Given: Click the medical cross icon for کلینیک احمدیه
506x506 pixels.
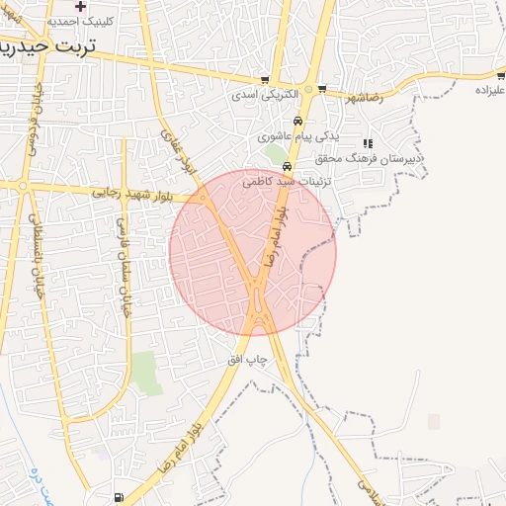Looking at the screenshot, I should pos(81,6).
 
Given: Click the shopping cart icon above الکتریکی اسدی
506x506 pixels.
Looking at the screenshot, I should pos(265,80).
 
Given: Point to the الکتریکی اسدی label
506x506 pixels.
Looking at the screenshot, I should pos(257,96).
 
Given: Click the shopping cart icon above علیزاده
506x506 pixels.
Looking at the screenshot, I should pos(501,75).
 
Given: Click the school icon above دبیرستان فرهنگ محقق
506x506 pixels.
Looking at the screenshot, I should pos(368,143).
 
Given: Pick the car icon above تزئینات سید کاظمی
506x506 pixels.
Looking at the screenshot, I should pos(287,166).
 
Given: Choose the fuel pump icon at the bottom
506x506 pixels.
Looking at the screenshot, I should pos(120,497).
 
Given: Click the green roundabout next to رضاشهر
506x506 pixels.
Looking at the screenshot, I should pos(308,89).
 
